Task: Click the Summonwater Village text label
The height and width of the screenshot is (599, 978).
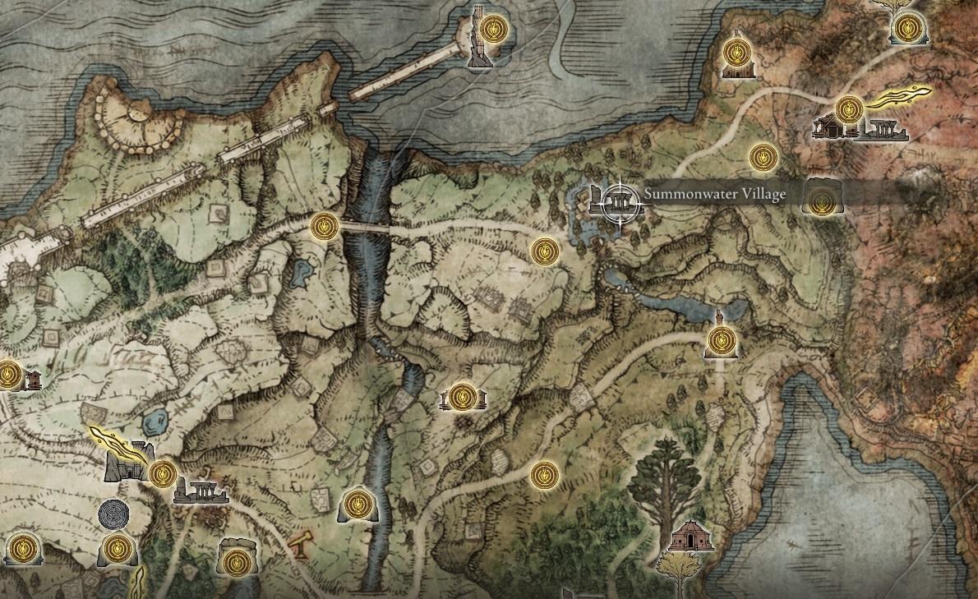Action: pyautogui.click(x=704, y=195)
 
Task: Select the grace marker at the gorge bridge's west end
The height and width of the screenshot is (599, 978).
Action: pyautogui.click(x=324, y=225)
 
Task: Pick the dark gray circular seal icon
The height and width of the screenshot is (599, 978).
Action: pyautogui.click(x=113, y=514)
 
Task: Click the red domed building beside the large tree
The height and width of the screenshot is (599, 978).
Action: pyautogui.click(x=690, y=536)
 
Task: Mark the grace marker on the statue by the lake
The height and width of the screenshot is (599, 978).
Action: pyautogui.click(x=721, y=339)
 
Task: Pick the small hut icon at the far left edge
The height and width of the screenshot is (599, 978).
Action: pyautogui.click(x=34, y=380)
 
